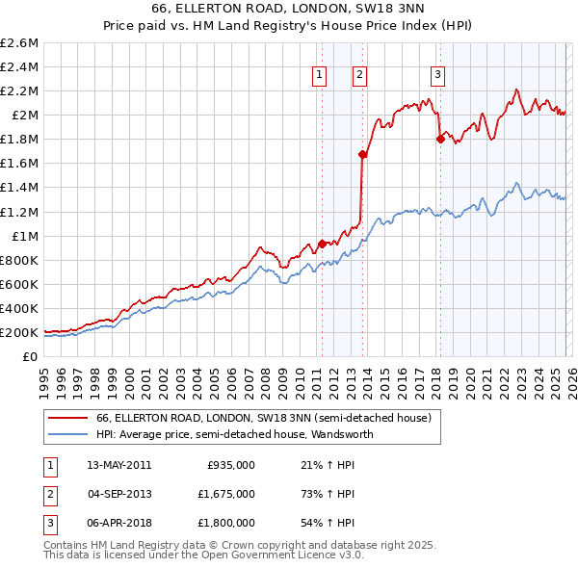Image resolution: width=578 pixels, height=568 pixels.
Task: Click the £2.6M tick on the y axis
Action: point(19,42)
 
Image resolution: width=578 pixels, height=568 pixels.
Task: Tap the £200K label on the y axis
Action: point(19,332)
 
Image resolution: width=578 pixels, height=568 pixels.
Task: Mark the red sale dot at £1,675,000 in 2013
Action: point(362,154)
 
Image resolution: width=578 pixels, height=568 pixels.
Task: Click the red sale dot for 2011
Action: point(322,244)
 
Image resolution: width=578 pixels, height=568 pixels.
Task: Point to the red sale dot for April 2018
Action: point(440,139)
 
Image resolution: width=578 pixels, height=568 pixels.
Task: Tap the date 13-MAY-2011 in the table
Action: point(118,465)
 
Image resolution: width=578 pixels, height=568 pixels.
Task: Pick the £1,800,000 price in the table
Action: point(230,523)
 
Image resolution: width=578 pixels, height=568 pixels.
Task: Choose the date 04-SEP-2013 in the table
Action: point(118,494)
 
